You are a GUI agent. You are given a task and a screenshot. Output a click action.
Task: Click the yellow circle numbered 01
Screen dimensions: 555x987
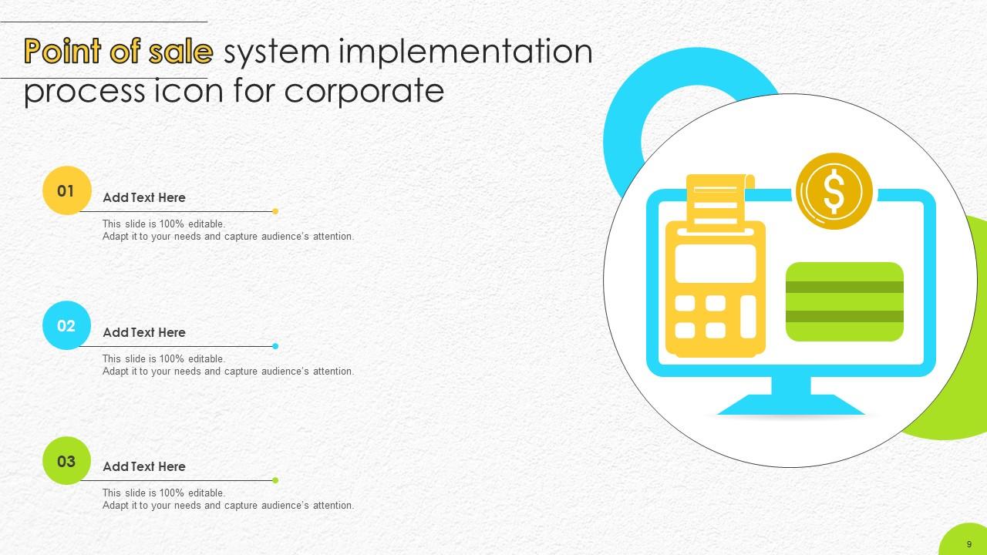click(x=66, y=190)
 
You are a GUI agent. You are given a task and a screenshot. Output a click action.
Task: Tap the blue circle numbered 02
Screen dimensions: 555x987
click(x=66, y=325)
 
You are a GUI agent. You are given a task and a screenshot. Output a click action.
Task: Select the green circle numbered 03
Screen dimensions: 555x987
click(x=66, y=461)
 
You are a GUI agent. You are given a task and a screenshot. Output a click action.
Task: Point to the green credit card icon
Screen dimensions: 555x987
click(x=844, y=301)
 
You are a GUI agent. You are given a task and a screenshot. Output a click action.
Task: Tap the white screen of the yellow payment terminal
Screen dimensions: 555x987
click(x=715, y=264)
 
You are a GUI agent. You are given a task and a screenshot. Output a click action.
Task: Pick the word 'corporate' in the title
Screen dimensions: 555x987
click(x=364, y=90)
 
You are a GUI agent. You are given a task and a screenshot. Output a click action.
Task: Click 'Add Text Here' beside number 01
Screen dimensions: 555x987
click(x=144, y=197)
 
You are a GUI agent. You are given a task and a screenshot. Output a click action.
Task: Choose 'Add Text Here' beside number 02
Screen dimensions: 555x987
click(x=144, y=332)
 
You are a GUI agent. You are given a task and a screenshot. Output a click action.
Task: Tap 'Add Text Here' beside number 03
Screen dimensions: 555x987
click(x=144, y=466)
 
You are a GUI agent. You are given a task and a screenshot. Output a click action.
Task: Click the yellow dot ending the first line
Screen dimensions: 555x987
click(x=275, y=211)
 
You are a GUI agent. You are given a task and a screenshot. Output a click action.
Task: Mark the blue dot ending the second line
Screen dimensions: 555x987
click(x=275, y=346)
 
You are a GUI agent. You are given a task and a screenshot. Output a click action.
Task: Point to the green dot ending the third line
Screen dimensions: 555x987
click(x=275, y=480)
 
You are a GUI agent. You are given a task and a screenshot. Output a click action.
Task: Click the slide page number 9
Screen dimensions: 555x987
click(x=969, y=544)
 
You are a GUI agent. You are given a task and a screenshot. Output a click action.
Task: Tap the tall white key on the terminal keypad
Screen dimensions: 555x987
click(x=747, y=316)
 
